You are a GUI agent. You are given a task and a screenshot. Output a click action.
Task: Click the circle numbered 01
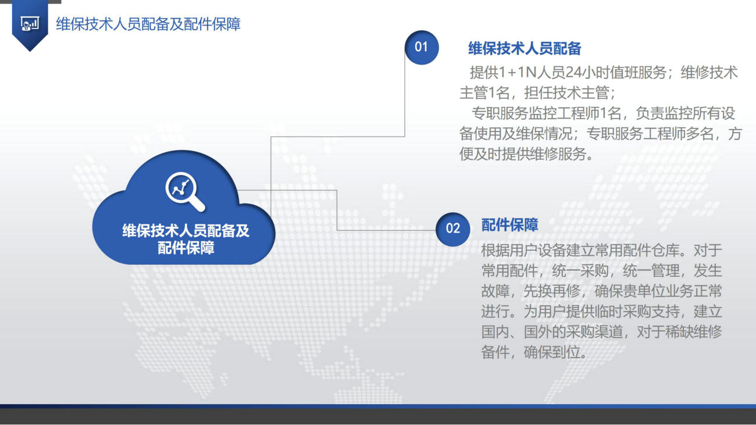pyautogui.click(x=422, y=47)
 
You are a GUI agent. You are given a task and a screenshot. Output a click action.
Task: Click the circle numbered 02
pyautogui.click(x=452, y=229)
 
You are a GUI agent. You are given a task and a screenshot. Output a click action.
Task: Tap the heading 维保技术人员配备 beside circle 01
pyautogui.click(x=525, y=48)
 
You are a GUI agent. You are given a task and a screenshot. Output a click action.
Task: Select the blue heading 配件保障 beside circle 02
pyautogui.click(x=509, y=224)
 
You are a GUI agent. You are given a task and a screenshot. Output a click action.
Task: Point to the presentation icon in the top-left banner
pyautogui.click(x=30, y=24)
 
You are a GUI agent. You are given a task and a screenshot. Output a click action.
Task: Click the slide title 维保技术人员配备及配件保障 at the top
pyautogui.click(x=148, y=24)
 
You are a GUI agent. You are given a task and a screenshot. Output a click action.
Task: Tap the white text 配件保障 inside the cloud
pyautogui.click(x=186, y=248)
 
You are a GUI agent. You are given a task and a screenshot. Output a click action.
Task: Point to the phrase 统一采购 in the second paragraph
pyautogui.click(x=580, y=270)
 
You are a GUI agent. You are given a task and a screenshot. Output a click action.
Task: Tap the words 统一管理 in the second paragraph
pyautogui.click(x=651, y=270)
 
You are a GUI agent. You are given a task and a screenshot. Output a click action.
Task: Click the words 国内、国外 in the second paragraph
pyautogui.click(x=516, y=332)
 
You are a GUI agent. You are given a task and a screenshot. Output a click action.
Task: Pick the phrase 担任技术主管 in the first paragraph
pyautogui.click(x=566, y=93)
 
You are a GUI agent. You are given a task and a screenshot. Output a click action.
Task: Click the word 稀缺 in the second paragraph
pyautogui.click(x=679, y=332)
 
